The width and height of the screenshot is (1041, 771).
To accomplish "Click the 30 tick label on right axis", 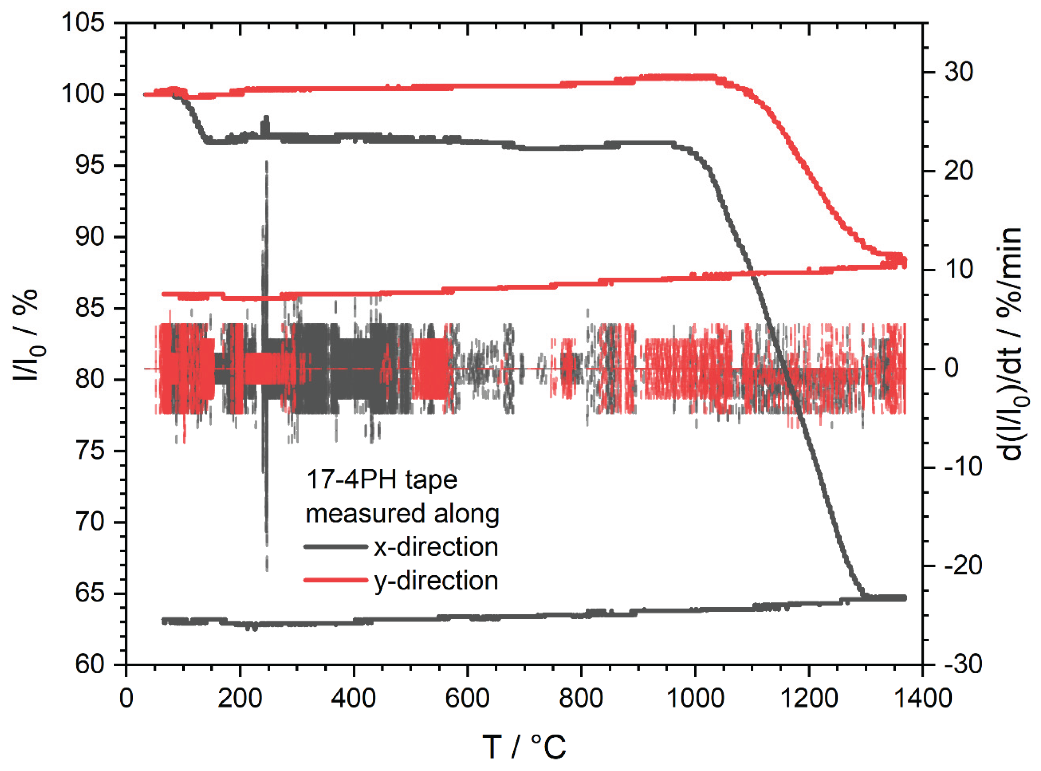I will coord(958,72).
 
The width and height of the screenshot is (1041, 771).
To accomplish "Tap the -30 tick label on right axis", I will coord(963,665).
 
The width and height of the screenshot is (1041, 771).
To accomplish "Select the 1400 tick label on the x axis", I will coord(922,699).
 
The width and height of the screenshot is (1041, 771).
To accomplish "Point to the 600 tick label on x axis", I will coord(467,699).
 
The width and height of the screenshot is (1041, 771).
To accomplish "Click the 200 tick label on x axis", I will coord(240,699).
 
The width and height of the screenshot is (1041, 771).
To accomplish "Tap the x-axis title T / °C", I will coord(524,746).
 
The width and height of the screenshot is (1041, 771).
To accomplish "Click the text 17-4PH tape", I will coord(381,480).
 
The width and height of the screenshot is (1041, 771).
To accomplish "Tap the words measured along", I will coord(402,513).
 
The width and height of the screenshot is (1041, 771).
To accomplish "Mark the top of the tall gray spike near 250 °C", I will coord(267,162).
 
